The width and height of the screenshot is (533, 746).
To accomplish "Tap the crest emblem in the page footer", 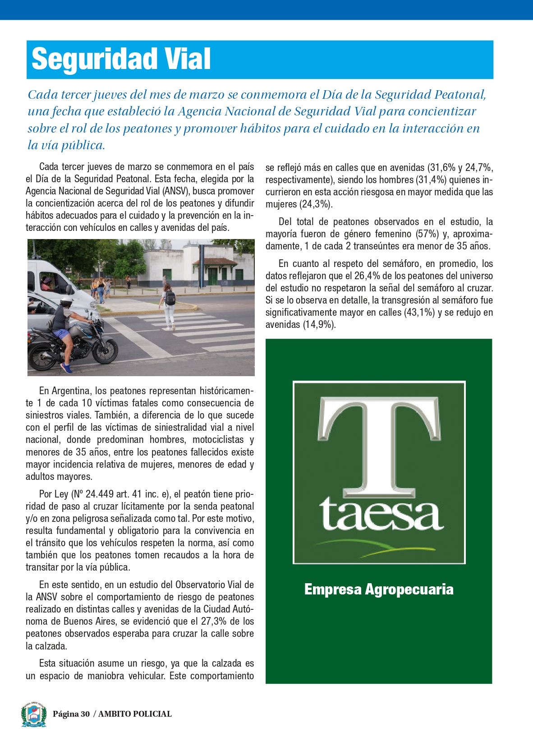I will coord(34,714).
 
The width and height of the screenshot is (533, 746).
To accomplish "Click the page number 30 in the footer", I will coord(85,714).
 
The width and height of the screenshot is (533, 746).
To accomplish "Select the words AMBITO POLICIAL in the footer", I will coord(135,714).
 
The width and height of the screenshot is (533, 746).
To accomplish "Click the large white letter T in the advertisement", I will coord(379,444).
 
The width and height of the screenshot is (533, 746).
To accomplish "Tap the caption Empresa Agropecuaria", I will coord(379,589).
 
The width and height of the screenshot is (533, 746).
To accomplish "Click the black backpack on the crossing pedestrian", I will coord(170,298).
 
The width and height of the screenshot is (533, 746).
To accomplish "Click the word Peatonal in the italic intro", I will coord(459,95).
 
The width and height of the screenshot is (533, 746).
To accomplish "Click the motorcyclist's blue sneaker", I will coord(66,368).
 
